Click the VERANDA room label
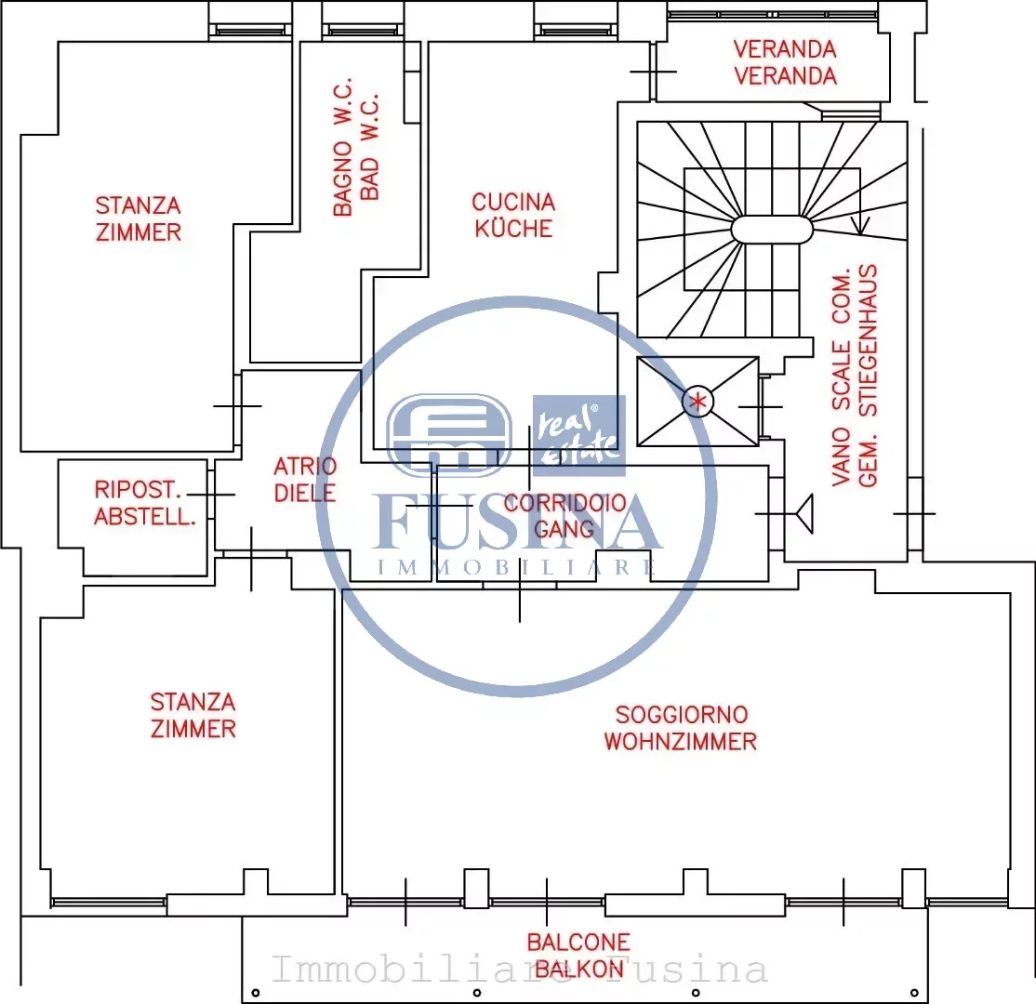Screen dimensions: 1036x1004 785,63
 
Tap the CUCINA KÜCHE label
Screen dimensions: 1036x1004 513,216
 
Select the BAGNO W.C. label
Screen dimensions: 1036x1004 356,147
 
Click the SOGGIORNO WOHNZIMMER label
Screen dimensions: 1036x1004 681,728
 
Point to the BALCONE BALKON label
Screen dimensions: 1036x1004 578,956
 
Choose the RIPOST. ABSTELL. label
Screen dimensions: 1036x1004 145,503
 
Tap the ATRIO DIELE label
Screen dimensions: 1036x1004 305,480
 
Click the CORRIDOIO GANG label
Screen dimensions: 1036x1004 564,516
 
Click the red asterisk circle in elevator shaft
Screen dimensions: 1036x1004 697,401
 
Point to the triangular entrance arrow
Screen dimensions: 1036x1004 804,513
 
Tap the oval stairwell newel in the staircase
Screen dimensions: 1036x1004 772,230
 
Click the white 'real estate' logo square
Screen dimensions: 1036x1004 578,436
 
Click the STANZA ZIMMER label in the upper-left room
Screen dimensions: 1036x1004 138,218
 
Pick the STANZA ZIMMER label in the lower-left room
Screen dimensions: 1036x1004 193,716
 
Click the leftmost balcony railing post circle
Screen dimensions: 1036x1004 256,993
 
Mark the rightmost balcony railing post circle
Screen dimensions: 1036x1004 914,993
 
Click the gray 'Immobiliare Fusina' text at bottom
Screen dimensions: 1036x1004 519,969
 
